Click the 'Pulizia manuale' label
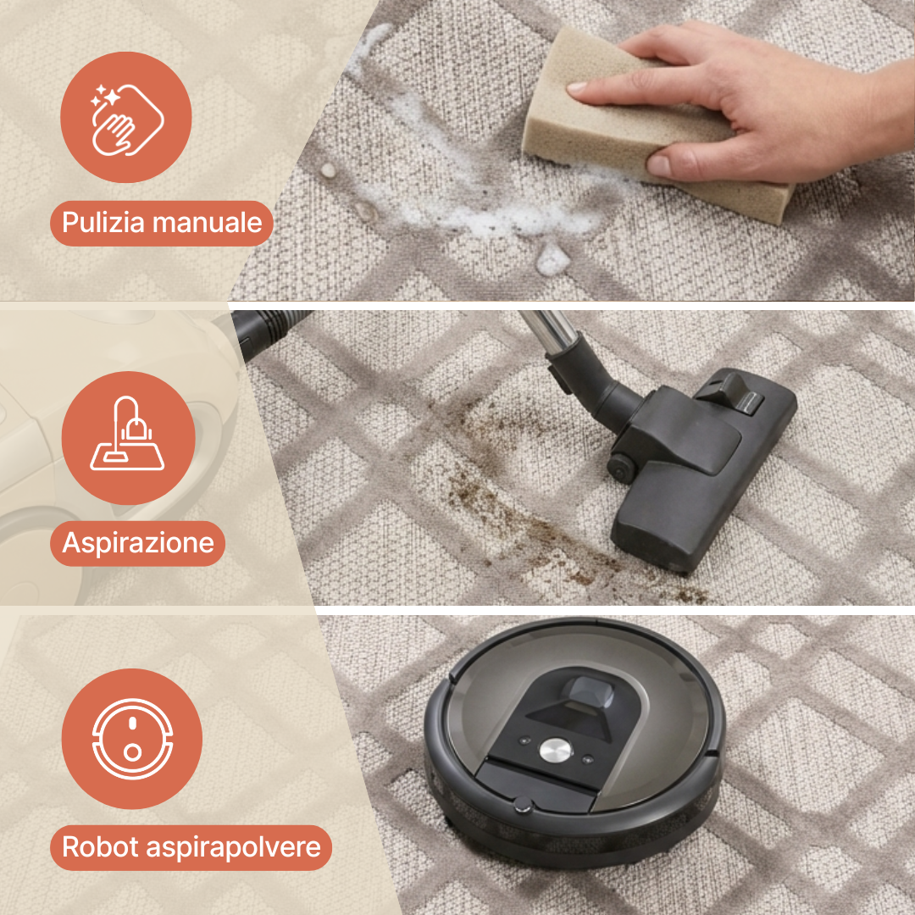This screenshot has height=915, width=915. tap(161, 224)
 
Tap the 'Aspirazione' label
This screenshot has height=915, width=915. tap(138, 543)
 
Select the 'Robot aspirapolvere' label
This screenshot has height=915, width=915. tap(191, 847)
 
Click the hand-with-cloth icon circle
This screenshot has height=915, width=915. tap(125, 117)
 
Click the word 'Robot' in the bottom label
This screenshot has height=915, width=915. tap(100, 847)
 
